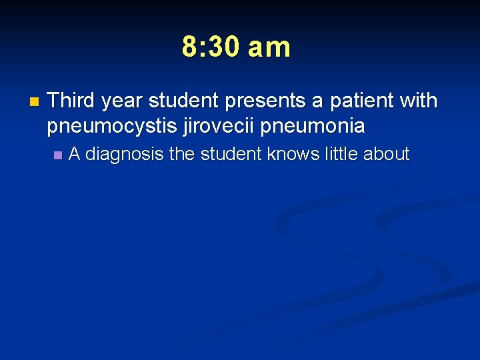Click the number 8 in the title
[x=190, y=47]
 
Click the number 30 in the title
[x=225, y=47]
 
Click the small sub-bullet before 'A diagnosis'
[x=57, y=155]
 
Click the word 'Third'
[x=73, y=101]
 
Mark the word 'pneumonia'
[x=313, y=125]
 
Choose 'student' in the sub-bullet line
[x=231, y=154]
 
